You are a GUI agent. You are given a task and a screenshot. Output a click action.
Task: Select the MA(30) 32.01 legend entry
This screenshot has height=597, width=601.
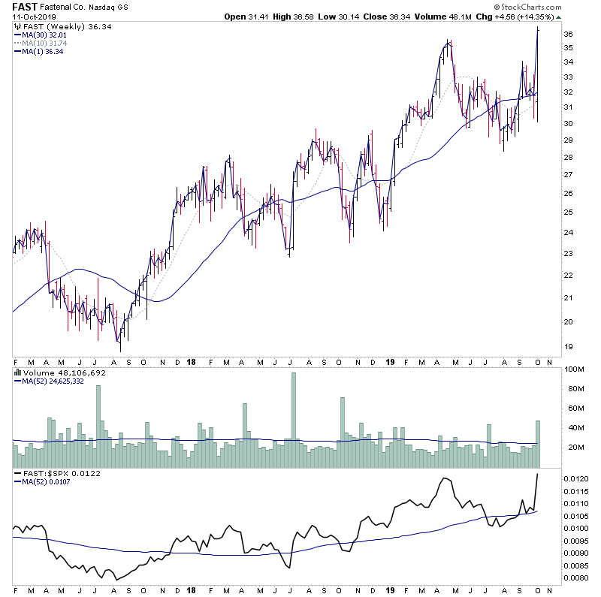point(44,35)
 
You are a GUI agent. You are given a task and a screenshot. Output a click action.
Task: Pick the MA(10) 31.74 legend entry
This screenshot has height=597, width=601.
point(44,43)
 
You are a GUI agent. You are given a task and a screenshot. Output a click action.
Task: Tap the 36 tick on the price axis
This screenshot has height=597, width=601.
point(569,35)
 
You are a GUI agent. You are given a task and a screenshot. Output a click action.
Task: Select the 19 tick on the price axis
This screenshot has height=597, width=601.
point(569,347)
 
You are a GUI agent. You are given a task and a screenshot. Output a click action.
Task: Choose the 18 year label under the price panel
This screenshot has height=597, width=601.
point(194,360)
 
